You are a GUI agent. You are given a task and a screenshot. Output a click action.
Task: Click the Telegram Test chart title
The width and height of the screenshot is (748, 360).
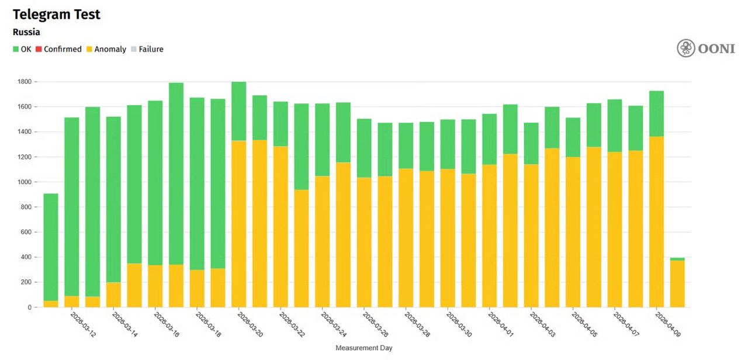point(57,15)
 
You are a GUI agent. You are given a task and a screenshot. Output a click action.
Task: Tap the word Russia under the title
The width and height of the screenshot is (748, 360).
point(26,32)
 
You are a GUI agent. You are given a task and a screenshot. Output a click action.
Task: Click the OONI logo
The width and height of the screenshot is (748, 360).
point(705,49)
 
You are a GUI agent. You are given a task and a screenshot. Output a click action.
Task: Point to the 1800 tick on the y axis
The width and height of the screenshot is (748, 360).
point(26,82)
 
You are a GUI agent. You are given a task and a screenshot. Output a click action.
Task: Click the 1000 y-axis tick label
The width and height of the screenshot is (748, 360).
point(26,182)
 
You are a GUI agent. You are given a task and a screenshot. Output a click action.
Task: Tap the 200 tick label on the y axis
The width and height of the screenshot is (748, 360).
point(27,282)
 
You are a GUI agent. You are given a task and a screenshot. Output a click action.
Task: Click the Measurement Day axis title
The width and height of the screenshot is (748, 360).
point(363,348)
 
